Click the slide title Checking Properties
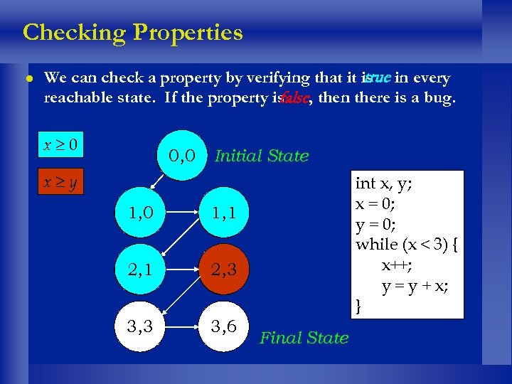point(133,33)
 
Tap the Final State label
point(304,338)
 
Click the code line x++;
point(396,265)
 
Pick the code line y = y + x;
point(415,286)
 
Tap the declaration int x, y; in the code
point(385,183)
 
